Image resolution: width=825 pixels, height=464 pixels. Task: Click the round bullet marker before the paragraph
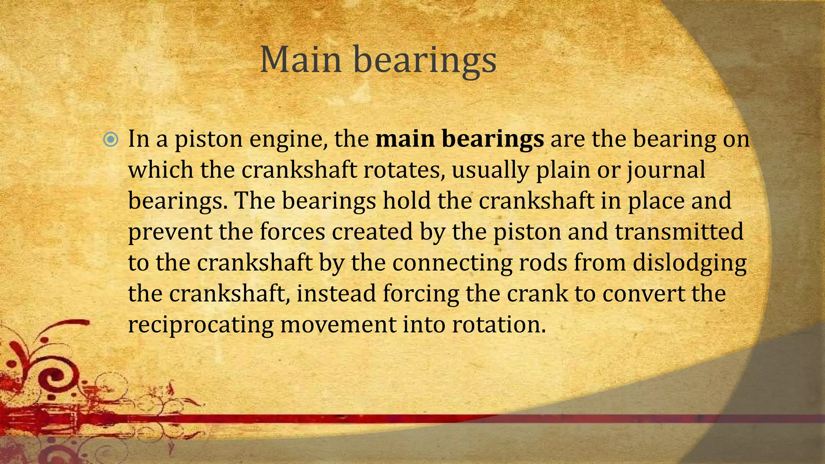click(x=111, y=140)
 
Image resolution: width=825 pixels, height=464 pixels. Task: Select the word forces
click(x=292, y=232)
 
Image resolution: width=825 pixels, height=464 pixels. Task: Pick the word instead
click(x=336, y=293)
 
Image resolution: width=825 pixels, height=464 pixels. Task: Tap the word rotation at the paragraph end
click(x=498, y=325)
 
